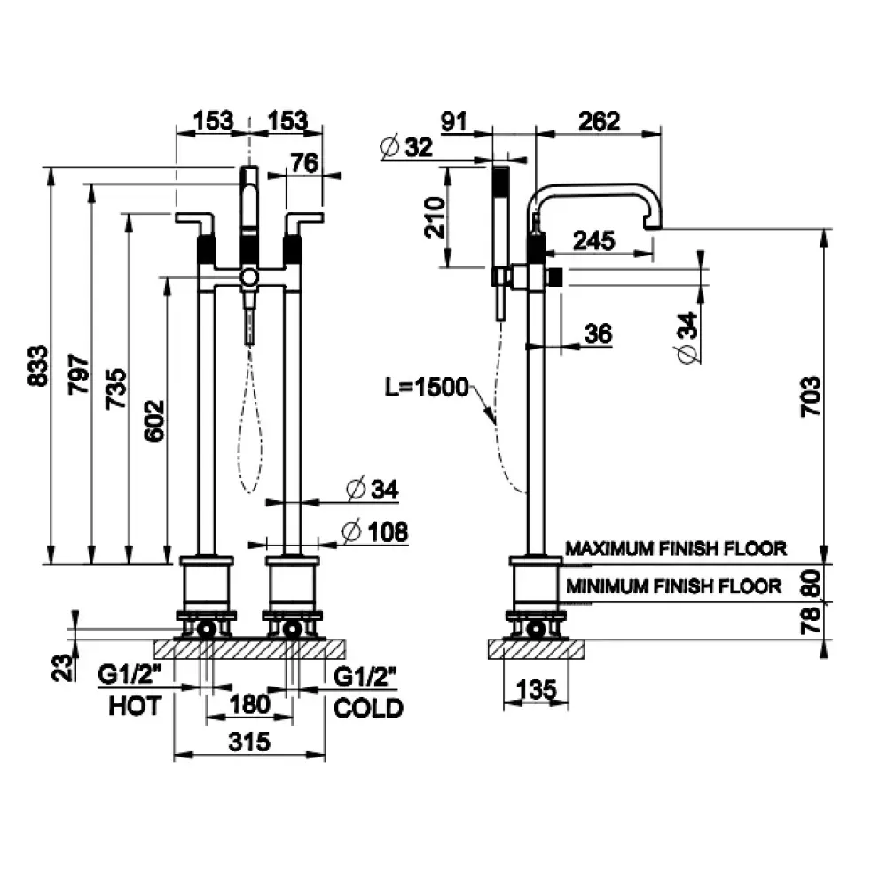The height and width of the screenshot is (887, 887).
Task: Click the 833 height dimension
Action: coord(38,365)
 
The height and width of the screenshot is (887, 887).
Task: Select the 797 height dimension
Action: coord(79,374)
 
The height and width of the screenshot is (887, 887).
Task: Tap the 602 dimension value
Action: coord(153,420)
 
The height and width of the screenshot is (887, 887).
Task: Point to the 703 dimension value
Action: coord(811,396)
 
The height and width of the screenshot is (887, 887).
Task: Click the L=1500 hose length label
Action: coord(428,388)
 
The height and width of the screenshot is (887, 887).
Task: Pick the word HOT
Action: coord(135,706)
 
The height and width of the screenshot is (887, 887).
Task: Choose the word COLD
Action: coord(368,708)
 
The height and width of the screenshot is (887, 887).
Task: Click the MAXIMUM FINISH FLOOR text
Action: coord(676,548)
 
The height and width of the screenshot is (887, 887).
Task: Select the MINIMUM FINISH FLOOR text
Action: coord(674,586)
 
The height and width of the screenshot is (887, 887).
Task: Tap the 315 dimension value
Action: coord(249,742)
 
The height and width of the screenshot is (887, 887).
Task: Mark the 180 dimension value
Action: coord(249,704)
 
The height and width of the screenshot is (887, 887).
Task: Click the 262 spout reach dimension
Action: coord(599,121)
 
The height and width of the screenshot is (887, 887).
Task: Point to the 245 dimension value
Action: coord(594,241)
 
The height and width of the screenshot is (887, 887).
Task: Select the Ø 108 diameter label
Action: coord(375,531)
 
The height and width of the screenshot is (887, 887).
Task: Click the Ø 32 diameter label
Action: coord(407,147)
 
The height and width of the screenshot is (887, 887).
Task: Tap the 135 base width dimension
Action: coord(537,689)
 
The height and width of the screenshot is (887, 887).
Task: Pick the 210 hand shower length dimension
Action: coord(435,218)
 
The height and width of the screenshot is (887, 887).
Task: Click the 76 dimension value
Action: coord(304,163)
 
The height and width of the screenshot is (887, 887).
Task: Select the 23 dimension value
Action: coord(63,668)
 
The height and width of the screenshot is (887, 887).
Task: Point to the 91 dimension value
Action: coord(454,121)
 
